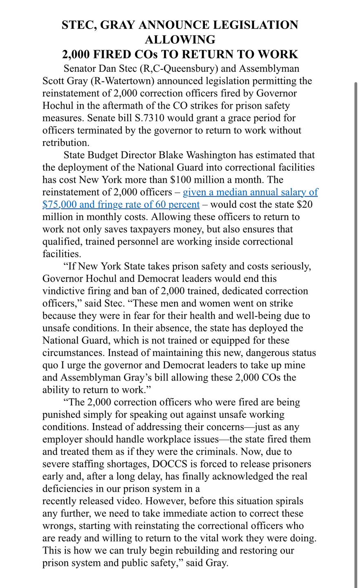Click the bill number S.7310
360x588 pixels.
153,118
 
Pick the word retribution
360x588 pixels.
65,143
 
